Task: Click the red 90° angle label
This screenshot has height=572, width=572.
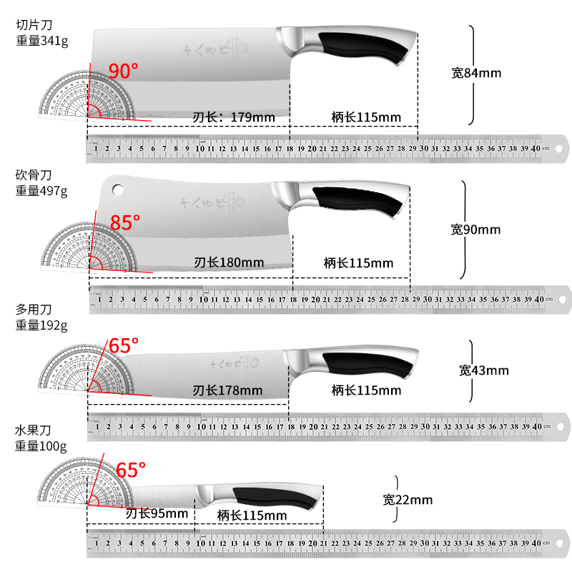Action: point(123,71)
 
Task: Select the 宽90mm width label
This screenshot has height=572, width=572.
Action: point(475,230)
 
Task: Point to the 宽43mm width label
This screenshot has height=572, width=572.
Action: point(483,370)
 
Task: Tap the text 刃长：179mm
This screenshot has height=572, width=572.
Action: point(234,117)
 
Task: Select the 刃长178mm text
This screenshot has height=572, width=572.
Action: point(227,390)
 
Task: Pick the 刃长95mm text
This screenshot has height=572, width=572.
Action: point(157,514)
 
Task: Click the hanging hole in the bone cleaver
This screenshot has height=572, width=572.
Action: point(117,190)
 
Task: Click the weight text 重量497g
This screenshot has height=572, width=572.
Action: point(41,190)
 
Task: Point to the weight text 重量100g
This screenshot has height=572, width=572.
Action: point(41,447)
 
